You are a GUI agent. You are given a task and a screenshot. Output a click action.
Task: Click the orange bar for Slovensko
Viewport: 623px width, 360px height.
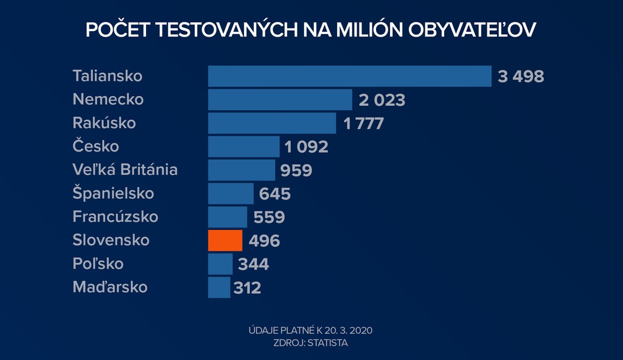[x=225, y=240]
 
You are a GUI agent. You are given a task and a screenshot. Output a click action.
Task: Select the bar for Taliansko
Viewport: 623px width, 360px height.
[x=349, y=76]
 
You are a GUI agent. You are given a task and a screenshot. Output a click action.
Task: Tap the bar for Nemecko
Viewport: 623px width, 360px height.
[x=280, y=100]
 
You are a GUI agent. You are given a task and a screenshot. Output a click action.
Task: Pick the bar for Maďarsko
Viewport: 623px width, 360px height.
[x=219, y=287]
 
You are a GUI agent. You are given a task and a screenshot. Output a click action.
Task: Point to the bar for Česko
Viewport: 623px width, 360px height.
[x=243, y=147]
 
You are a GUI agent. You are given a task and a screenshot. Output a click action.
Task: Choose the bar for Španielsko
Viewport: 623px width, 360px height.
[x=231, y=193]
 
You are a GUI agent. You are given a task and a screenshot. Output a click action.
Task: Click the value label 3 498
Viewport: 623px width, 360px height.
[x=520, y=77]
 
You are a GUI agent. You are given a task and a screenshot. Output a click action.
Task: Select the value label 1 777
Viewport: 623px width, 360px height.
[x=363, y=123]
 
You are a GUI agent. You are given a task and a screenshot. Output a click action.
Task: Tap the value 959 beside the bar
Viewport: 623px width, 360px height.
[x=296, y=170]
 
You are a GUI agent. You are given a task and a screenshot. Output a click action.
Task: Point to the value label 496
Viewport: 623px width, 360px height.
[x=264, y=241]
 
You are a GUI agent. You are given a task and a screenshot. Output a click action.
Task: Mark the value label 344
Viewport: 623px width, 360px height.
[x=253, y=265]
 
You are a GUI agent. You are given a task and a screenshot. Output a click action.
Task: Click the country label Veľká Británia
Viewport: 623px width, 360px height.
[x=125, y=170]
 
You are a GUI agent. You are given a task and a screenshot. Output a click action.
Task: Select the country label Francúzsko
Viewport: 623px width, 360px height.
[x=115, y=216]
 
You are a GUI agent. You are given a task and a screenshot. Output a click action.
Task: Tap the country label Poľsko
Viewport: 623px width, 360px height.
[x=98, y=264]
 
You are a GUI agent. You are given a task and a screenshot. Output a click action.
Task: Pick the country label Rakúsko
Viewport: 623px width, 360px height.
[x=104, y=123]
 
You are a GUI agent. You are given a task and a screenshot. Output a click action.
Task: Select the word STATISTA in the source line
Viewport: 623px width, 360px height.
[x=328, y=343]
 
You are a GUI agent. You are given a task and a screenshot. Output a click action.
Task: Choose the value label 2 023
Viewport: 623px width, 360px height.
[x=381, y=100]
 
